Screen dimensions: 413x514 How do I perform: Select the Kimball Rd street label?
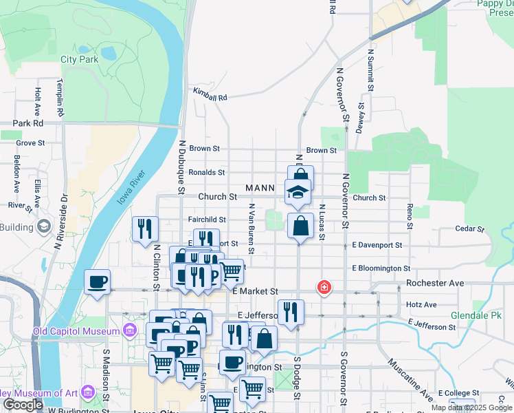(210, 98)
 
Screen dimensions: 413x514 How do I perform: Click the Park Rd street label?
(28, 123)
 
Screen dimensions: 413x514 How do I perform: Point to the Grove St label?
(30, 143)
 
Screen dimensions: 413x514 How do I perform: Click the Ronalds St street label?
(207, 172)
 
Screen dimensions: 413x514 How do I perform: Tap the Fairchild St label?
(207, 220)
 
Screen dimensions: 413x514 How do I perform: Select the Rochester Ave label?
(435, 283)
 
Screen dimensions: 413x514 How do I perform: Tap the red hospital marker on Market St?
(322, 287)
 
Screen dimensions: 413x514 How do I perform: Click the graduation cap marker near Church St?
(298, 191)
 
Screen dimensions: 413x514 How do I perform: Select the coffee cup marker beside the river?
(98, 281)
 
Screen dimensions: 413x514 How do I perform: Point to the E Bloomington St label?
(381, 268)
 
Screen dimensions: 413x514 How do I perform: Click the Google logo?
(23, 405)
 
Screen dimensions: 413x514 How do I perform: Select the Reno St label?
(410, 216)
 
